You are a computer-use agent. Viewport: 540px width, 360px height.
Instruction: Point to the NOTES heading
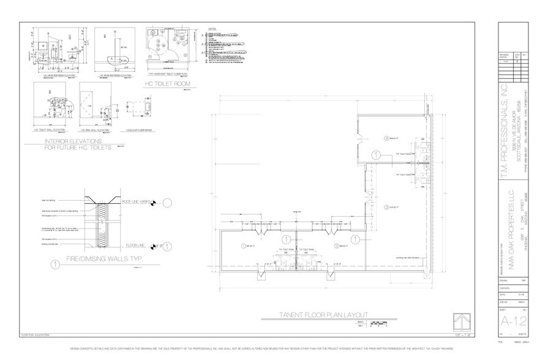pyautogui.click(x=213, y=29)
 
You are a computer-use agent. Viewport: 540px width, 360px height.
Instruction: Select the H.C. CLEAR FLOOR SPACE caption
pyautogui.click(x=140, y=130)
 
